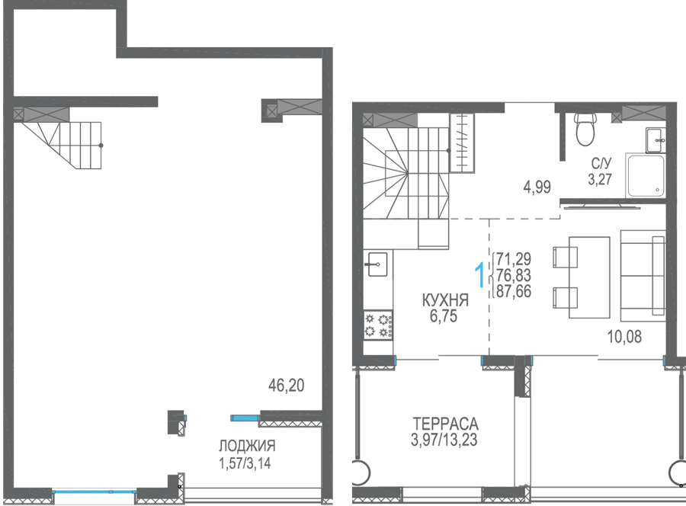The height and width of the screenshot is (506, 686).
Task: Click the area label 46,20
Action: click(286, 386)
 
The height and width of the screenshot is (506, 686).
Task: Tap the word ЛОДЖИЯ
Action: click(247, 446)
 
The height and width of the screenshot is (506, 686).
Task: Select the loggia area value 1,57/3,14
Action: click(245, 463)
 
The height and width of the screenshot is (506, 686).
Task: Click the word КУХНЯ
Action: click(445, 300)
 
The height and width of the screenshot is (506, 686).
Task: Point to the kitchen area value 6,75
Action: click(444, 315)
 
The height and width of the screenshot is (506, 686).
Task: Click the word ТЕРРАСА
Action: click(446, 424)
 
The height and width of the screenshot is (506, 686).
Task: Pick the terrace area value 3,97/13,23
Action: click(444, 439)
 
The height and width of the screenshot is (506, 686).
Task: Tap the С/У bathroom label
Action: click(601, 164)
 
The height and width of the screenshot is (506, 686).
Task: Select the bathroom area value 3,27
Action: click(600, 179)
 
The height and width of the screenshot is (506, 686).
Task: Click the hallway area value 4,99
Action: click(537, 187)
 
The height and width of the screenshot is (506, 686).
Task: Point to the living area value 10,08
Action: click(625, 337)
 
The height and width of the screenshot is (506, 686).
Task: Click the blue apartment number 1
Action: click(481, 275)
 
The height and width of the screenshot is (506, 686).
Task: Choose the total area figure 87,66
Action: click(514, 291)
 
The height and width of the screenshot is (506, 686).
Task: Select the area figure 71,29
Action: click(514, 259)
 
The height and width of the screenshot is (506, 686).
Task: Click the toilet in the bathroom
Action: click(585, 129)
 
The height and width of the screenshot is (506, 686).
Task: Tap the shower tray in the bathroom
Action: click(645, 175)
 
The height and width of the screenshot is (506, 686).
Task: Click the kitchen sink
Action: click(377, 264)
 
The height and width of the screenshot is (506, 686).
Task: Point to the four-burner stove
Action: click(378, 325)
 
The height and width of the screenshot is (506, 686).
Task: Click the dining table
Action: click(589, 277)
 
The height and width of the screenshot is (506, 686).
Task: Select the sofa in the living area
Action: click(643, 276)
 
